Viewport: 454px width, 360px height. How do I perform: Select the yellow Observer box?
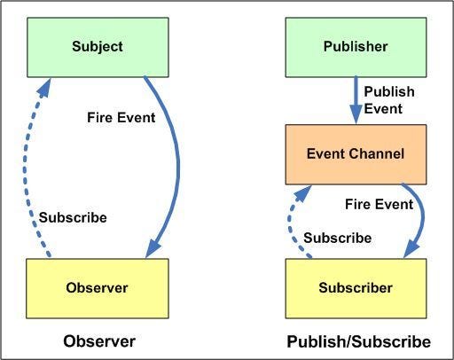pos(97,286)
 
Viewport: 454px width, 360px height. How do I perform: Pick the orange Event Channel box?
pos(356,153)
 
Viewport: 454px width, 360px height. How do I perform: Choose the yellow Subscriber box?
pos(356,286)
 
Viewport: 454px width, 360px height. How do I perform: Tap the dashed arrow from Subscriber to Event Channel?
pos(292,222)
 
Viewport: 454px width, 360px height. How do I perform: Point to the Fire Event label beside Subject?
pos(121,116)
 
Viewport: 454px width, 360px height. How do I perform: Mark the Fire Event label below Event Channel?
pos(379,204)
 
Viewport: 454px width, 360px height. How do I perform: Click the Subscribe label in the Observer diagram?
pos(74,217)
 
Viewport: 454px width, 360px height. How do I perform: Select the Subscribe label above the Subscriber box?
pos(337,238)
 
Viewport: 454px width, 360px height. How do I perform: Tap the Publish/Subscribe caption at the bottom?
pos(358,340)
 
